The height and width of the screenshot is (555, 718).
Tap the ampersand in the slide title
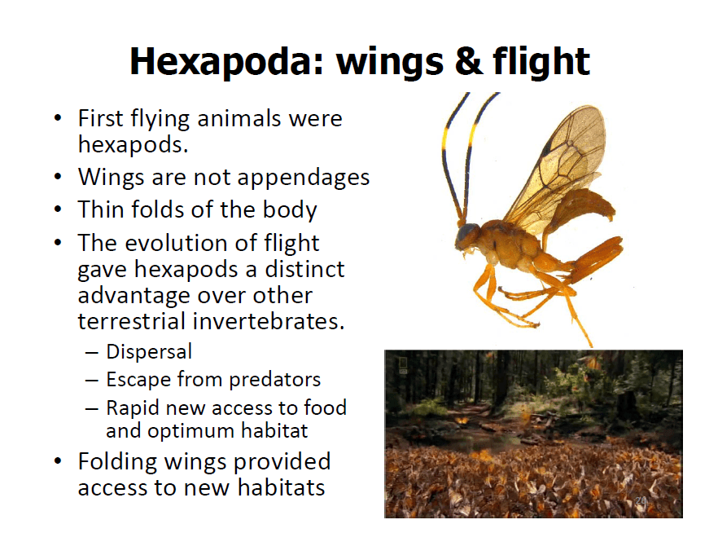point(469,61)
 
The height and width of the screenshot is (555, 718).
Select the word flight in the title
point(541,62)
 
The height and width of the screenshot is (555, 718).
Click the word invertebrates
point(269,321)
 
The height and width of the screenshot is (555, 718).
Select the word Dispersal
point(149,352)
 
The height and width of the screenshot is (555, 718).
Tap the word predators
point(275,380)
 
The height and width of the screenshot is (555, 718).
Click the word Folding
point(117,462)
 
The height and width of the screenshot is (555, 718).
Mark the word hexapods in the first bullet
point(134,145)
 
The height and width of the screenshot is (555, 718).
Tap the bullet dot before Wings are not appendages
point(57,177)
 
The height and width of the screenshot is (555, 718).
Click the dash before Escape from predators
point(91,380)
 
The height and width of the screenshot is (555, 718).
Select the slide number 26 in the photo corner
point(641,500)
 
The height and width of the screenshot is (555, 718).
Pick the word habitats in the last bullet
point(281,487)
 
